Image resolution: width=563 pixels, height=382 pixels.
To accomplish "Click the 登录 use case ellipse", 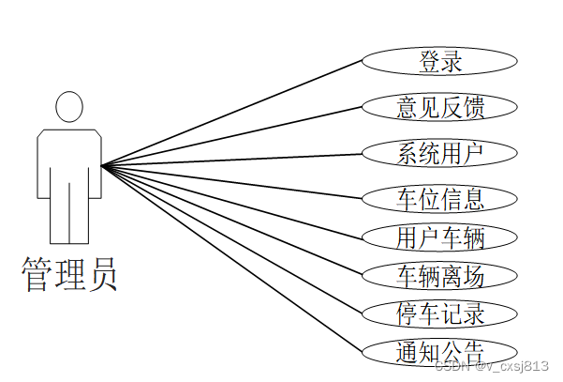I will pyautogui.click(x=439, y=62).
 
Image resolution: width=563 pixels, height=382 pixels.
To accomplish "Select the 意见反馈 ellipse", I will pyautogui.click(x=439, y=107).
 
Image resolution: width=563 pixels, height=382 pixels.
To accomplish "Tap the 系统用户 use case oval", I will pyautogui.click(x=439, y=152).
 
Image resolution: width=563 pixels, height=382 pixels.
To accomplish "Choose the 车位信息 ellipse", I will pyautogui.click(x=439, y=199).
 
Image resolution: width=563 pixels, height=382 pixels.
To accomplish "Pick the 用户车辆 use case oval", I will pyautogui.click(x=439, y=236).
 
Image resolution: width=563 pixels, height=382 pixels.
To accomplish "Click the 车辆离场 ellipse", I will pyautogui.click(x=439, y=275).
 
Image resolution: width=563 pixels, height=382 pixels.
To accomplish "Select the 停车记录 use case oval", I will pyautogui.click(x=439, y=313).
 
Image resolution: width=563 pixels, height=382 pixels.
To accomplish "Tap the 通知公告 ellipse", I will pyautogui.click(x=439, y=352).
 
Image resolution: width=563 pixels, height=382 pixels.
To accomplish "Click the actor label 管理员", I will pyautogui.click(x=69, y=275).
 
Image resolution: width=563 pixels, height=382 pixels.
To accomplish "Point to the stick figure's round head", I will pyautogui.click(x=69, y=106).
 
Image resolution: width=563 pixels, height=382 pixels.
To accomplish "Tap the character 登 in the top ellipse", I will pyautogui.click(x=428, y=62).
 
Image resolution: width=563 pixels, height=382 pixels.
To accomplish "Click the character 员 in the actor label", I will pyautogui.click(x=102, y=275).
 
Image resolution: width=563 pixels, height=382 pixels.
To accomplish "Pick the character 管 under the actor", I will pyautogui.click(x=37, y=275).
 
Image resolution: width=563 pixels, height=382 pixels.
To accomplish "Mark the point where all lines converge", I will pyautogui.click(x=102, y=165).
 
